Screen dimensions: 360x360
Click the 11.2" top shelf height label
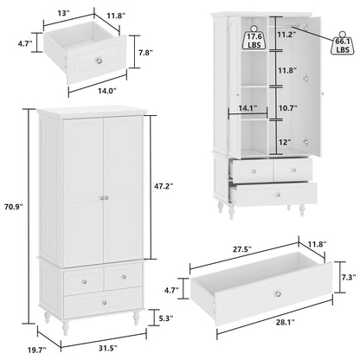(x=287, y=35)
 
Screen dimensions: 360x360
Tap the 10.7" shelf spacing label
(x=287, y=110)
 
